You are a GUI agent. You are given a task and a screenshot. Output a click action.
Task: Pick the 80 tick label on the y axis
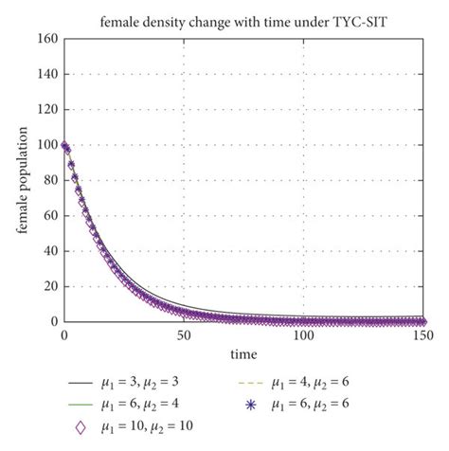(x=46, y=180)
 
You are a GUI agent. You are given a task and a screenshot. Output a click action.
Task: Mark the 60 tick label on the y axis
(x=46, y=216)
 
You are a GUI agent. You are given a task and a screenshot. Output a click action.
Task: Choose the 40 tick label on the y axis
(x=46, y=251)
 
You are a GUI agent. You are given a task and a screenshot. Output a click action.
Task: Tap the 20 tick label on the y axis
(x=46, y=287)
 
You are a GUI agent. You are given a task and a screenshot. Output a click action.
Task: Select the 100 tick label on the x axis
(x=304, y=335)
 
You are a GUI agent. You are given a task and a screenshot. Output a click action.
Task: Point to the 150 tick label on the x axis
(x=424, y=335)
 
